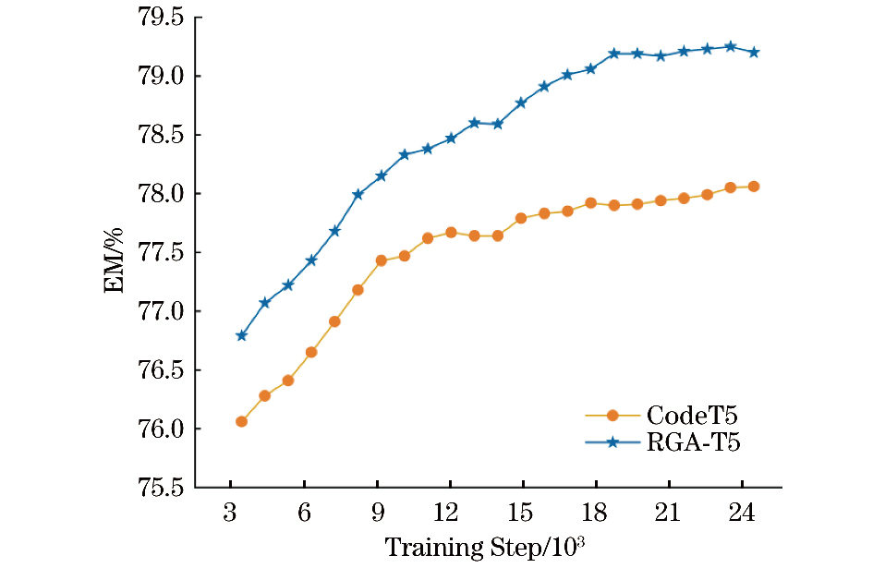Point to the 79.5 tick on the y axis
coord(162,18)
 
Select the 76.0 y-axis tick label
coord(162,429)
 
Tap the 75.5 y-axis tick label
coord(162,488)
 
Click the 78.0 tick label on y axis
coord(162,194)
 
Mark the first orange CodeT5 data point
coord(241,421)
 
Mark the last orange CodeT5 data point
coord(754,187)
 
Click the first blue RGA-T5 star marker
coord(241,335)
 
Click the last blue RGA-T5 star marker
coord(754,52)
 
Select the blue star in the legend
coord(612,443)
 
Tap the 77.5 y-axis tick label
coord(162,253)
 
